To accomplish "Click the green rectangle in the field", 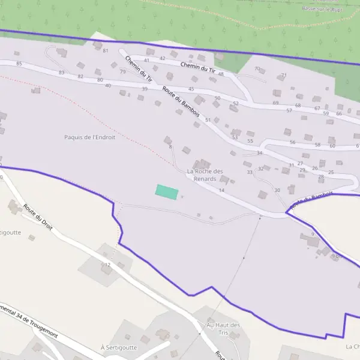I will click(x=167, y=192).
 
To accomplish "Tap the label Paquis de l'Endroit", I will click(x=89, y=137).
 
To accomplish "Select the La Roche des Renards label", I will click(x=205, y=175).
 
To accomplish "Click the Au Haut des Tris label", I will click(x=223, y=329).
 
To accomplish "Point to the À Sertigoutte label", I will click(x=119, y=347).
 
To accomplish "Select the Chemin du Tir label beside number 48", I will click(x=198, y=69).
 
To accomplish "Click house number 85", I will click(x=19, y=64).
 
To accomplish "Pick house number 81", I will click(x=106, y=50).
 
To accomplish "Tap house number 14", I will click(x=221, y=190).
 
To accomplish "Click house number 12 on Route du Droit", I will click(x=107, y=265).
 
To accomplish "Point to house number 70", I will click(x=257, y=69).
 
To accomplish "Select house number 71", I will click(x=284, y=75).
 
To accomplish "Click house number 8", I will click(x=170, y=147).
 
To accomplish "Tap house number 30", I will click(x=277, y=190).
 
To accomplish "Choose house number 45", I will click(x=191, y=89).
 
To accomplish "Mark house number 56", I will click(x=292, y=142).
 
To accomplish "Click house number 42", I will click(x=163, y=58).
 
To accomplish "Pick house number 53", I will click(x=235, y=137).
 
